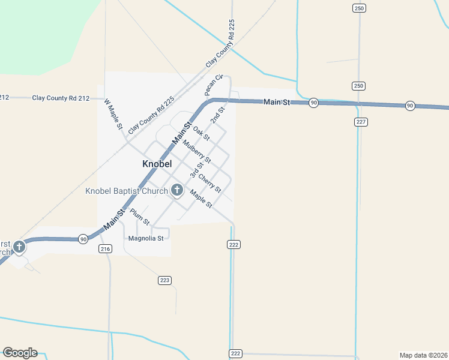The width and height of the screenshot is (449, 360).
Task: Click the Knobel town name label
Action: pos(157,164)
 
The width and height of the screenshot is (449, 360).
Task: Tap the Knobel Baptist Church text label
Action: pos(127,191)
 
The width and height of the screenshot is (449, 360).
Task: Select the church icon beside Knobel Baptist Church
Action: pos(177,190)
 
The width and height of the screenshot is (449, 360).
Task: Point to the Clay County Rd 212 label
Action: pos(61,98)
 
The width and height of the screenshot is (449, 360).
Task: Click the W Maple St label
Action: pos(113,115)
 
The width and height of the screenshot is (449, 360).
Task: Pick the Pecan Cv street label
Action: pos(214,85)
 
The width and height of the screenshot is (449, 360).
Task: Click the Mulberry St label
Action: pos(197,152)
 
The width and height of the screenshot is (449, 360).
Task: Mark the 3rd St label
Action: pos(195,170)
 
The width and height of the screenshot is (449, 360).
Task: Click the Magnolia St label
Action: pos(146,238)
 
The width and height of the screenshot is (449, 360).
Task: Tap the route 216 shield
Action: pos(106,249)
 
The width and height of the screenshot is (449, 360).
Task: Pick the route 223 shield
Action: pos(165,280)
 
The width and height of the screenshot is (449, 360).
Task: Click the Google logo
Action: pos(20,353)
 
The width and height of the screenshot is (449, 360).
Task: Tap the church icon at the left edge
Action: pos(19,247)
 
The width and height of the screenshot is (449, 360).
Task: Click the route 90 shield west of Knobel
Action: pos(83,239)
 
